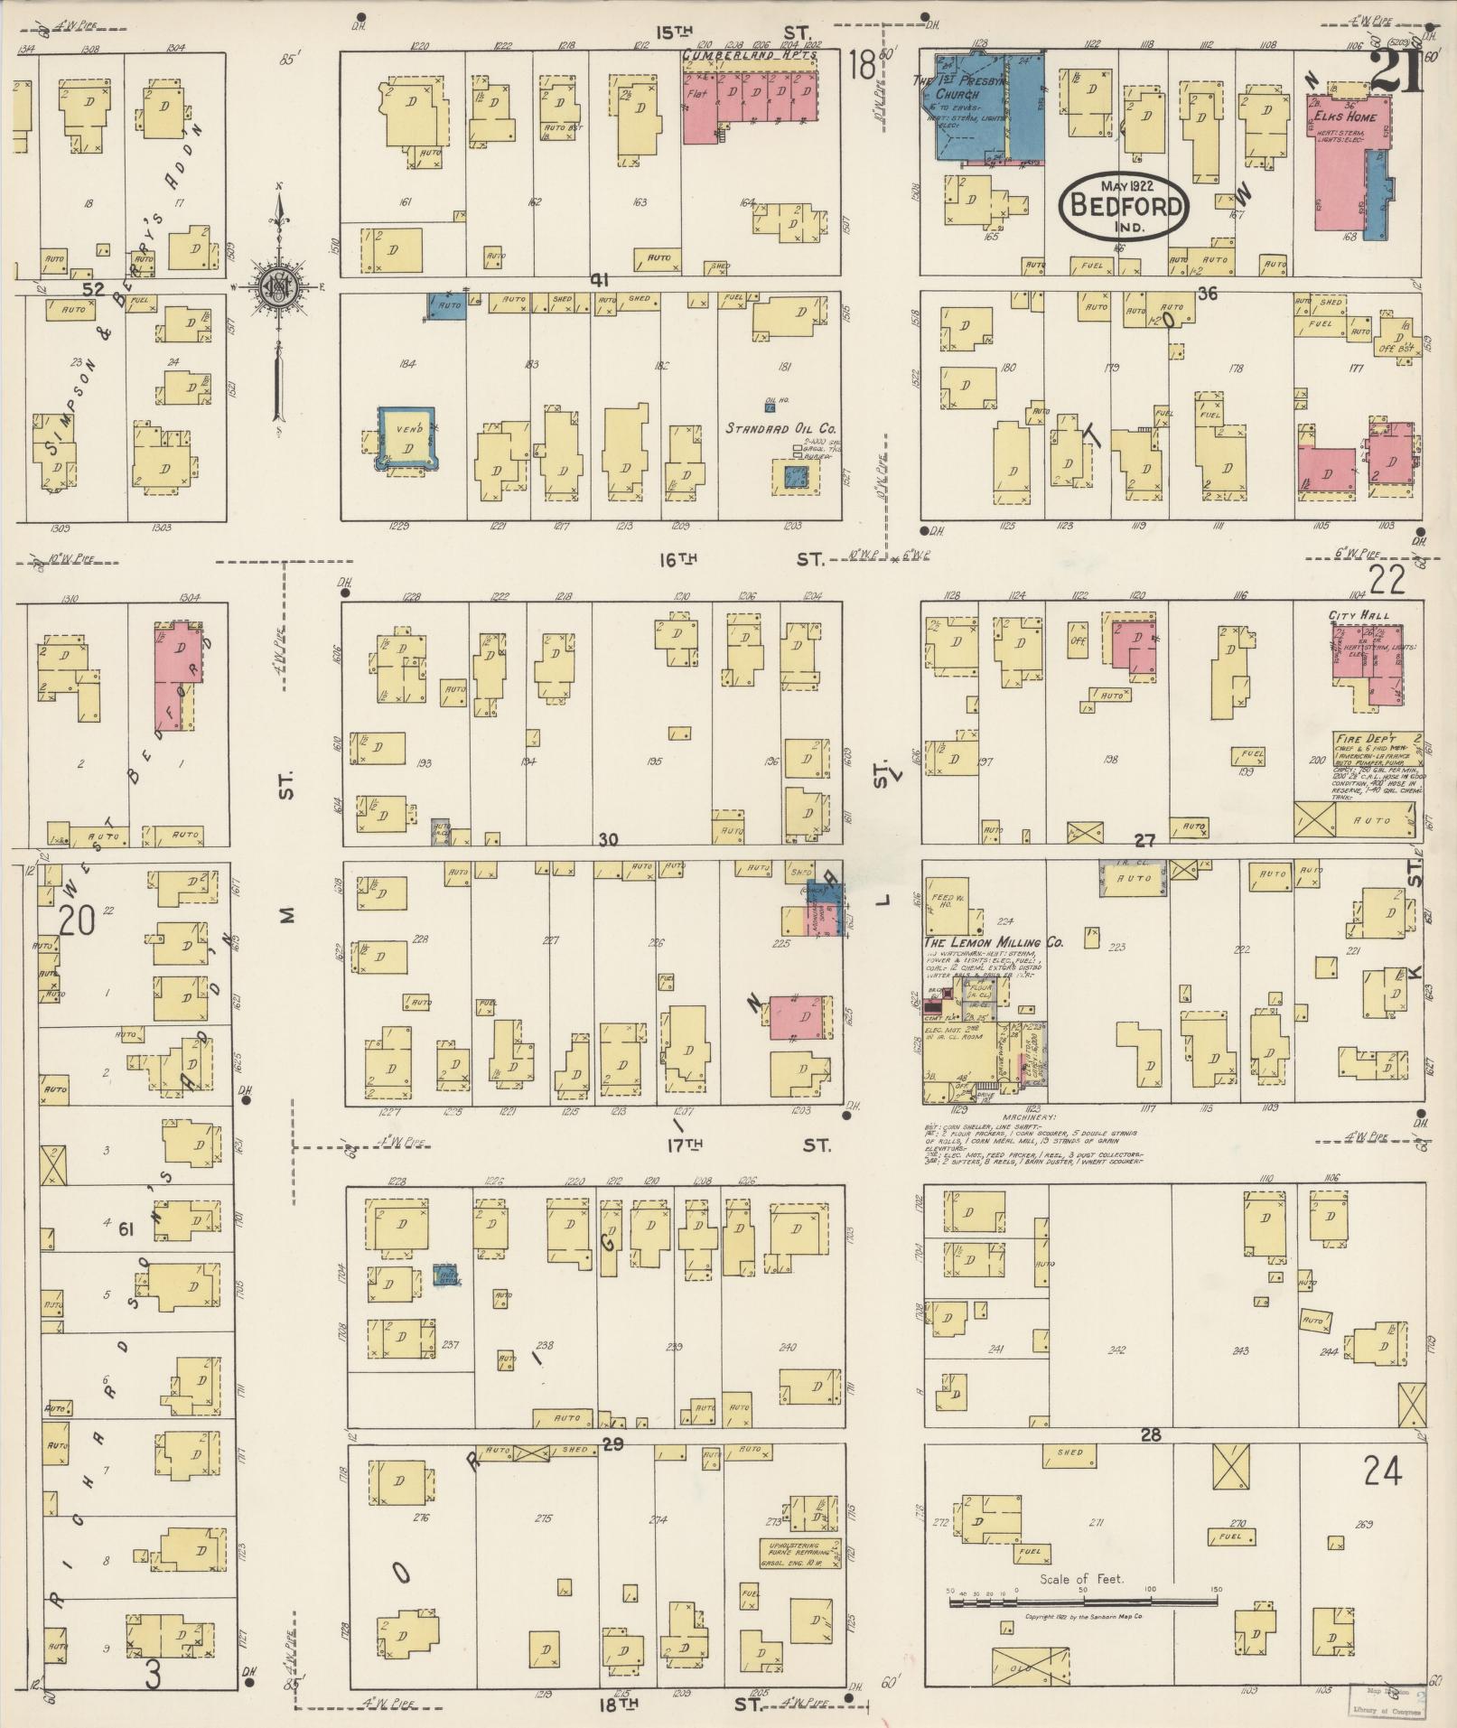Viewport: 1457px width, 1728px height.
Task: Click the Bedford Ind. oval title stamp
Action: click(x=1124, y=204)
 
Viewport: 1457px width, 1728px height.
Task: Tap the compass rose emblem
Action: click(x=279, y=285)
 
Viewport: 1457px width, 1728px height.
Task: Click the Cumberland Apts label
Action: click(x=750, y=55)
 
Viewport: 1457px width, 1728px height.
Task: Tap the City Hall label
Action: click(x=1358, y=615)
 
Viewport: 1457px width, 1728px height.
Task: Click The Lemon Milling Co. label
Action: click(x=993, y=942)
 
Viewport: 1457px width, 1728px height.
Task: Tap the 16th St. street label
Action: click(x=679, y=558)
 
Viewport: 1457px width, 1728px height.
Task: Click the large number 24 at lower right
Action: click(x=1382, y=1472)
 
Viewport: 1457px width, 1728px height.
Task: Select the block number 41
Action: click(x=598, y=280)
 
